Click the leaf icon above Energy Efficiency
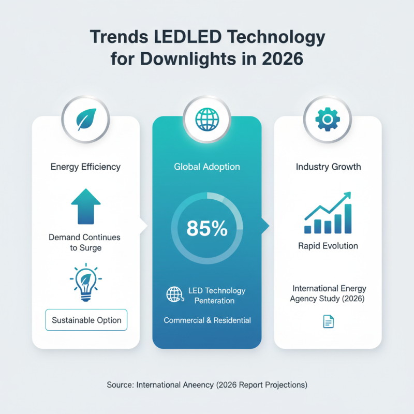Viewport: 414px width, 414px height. coord(86,120)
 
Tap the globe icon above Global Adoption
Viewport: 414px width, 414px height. coord(207,120)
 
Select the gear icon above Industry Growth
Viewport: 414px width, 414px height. coord(328,120)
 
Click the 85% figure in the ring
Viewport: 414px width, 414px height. coord(207,228)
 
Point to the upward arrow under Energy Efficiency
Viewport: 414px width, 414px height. coord(86,206)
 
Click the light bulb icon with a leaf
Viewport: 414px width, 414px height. coord(86,283)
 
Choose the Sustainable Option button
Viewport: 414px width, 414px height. coord(86,320)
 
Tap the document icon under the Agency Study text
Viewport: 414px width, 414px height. coord(329,321)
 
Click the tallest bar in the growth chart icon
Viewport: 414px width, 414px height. coord(348,218)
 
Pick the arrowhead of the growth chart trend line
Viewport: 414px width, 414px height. coord(347,196)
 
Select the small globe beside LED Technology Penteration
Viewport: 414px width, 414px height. coord(175,294)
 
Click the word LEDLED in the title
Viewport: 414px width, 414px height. coord(188,37)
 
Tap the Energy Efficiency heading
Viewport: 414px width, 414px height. coord(85,167)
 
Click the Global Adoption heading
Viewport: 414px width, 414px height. coord(207,167)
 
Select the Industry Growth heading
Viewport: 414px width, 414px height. coord(328,167)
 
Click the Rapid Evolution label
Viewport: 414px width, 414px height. coord(328,246)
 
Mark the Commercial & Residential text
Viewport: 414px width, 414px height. coord(208,320)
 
